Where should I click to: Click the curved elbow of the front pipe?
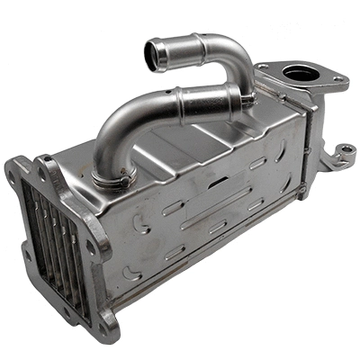pyautogui.click(x=112, y=130)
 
